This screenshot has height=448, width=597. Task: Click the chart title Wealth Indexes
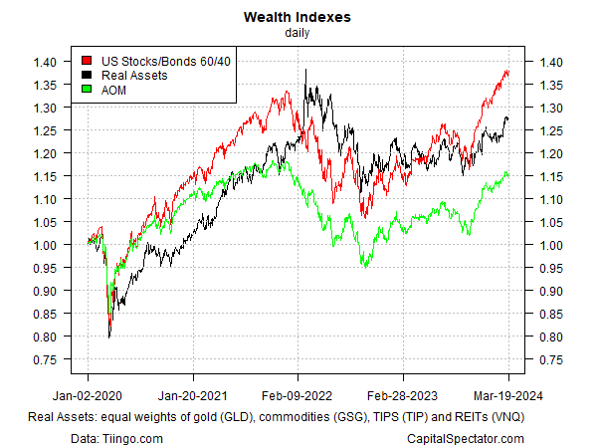coord(298,17)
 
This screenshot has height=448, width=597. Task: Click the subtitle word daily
coord(298,32)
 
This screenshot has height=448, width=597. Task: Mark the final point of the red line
coord(509,72)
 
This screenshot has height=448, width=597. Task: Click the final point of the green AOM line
coord(509,175)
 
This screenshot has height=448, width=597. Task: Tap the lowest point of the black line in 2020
coord(108,337)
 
